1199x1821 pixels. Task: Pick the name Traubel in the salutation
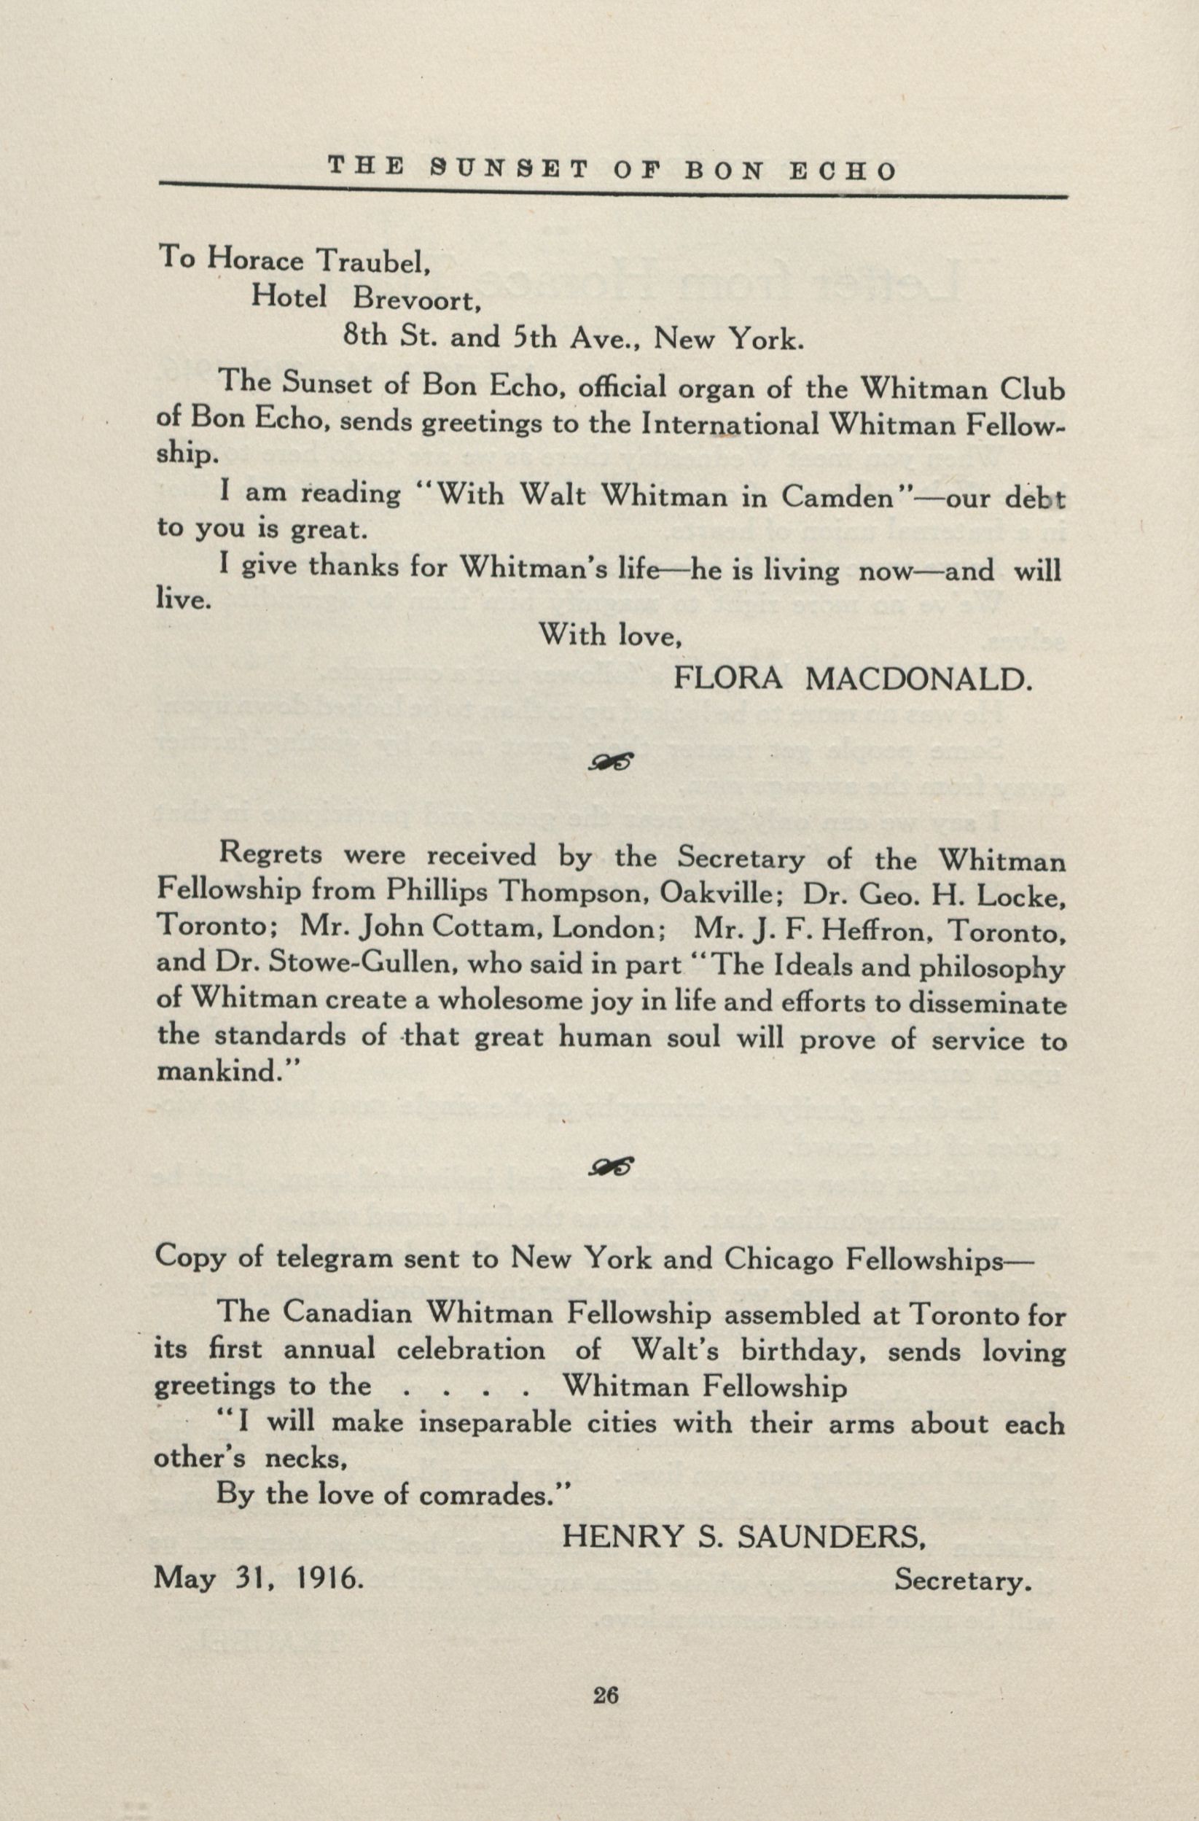tap(375, 262)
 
